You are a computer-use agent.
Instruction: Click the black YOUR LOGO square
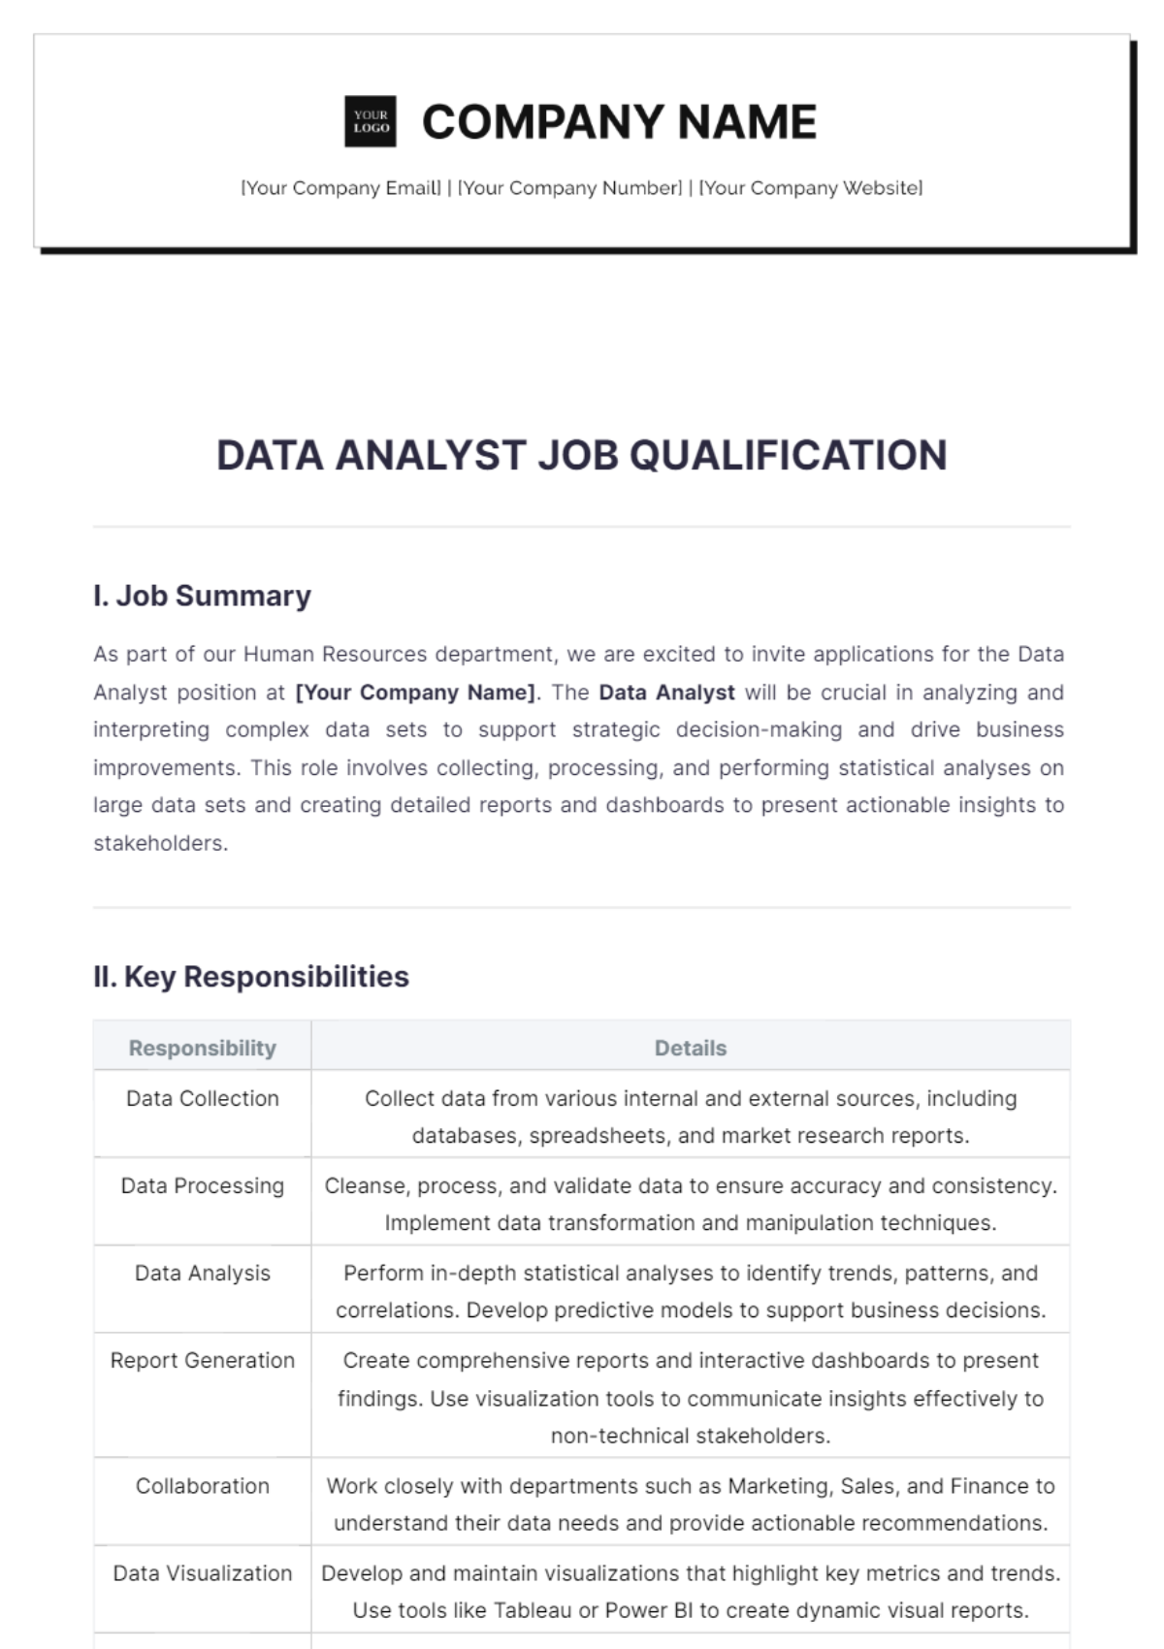pos(371,121)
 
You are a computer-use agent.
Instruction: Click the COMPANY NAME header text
pos(619,122)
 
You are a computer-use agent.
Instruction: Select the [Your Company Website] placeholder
pos(810,188)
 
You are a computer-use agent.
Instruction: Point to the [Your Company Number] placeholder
pos(569,188)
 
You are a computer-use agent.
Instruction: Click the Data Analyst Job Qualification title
pos(581,455)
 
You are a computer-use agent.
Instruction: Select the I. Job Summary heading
pos(202,596)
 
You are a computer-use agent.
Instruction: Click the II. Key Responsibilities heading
pos(251,977)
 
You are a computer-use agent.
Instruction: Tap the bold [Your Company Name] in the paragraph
pos(415,693)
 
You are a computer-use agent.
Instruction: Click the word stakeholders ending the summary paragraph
pos(159,843)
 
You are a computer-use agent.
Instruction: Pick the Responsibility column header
pos(202,1049)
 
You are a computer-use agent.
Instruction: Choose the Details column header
pos(690,1049)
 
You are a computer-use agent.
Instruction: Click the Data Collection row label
pos(202,1098)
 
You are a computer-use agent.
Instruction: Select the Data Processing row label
pos(202,1185)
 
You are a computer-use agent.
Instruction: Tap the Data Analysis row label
pos(202,1273)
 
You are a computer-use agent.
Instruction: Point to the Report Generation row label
pos(202,1360)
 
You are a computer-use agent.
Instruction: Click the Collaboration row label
pos(202,1486)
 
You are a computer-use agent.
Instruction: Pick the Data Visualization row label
pos(202,1573)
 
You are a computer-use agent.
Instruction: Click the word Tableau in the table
pos(533,1611)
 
